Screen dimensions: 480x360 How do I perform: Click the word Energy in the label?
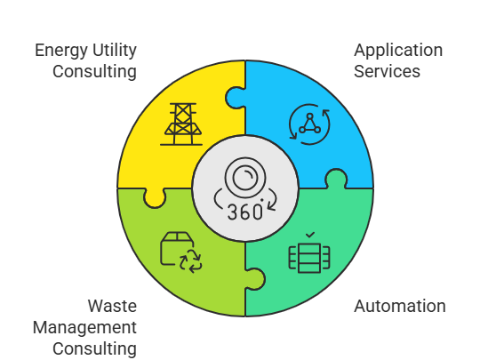[61, 51]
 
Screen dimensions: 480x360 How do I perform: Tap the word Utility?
[115, 51]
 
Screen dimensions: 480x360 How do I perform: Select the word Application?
[398, 51]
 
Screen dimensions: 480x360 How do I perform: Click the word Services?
[387, 71]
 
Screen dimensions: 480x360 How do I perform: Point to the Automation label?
[400, 306]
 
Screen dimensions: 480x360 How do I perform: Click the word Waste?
[112, 306]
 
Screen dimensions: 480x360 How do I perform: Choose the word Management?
[84, 328]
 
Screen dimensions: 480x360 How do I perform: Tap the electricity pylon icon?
[181, 124]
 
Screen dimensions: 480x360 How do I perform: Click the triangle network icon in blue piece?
[309, 124]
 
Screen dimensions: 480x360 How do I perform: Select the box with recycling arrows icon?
[181, 252]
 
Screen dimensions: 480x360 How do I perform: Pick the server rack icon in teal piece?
[309, 258]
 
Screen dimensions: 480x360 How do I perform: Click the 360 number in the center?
[245, 212]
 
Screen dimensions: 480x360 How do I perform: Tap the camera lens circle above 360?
[245, 178]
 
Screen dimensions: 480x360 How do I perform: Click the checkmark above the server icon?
[310, 235]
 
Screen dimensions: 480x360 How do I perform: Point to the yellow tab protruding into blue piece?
[235, 98]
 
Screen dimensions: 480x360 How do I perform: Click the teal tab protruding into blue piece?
[336, 179]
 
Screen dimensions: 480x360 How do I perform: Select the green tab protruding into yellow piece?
[155, 198]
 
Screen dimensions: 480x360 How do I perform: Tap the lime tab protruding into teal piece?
[255, 279]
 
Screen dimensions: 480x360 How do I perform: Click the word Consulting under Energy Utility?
[94, 72]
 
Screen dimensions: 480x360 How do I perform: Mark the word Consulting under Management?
[94, 349]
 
